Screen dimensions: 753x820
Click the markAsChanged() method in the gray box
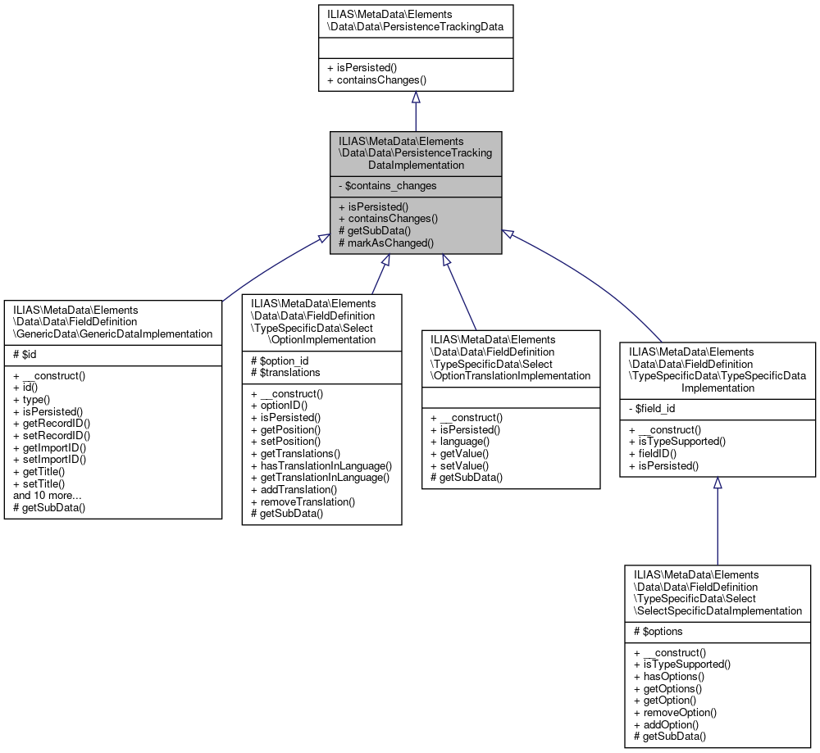coord(385,243)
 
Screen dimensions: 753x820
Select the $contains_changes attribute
coord(387,186)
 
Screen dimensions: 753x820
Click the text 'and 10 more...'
coord(47,496)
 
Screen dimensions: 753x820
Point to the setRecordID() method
coord(52,435)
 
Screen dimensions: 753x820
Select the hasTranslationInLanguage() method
coord(321,465)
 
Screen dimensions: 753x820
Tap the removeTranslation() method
coord(303,501)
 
